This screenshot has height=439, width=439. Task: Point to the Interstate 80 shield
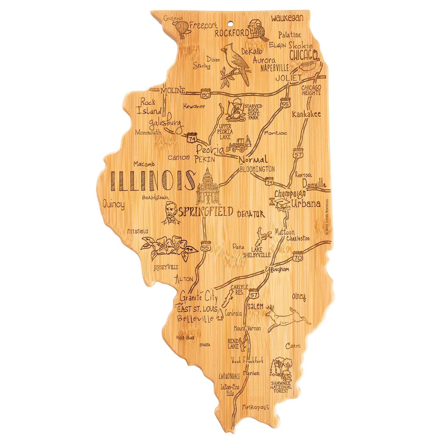[x=206, y=93]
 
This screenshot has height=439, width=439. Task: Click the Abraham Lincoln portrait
[x=172, y=213]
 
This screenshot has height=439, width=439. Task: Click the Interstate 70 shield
[x=298, y=256]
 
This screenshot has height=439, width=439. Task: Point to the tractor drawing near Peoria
[x=239, y=145]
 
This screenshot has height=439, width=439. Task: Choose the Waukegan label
[x=287, y=18]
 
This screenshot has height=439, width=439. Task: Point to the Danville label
[x=314, y=184]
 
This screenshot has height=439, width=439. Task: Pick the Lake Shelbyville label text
[x=257, y=252]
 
